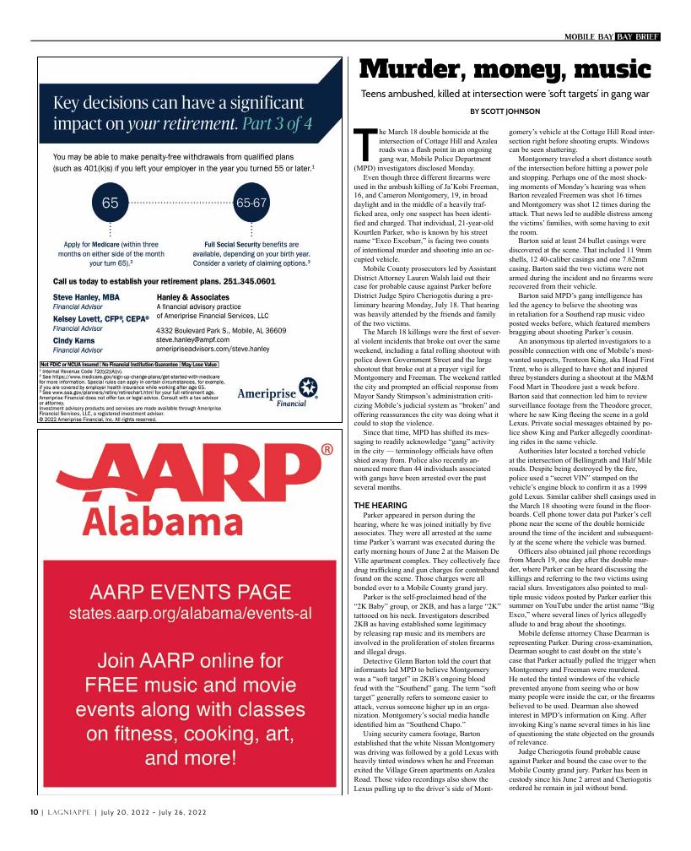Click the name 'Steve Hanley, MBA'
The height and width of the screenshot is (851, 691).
coord(86,298)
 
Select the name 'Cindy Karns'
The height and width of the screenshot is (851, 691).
coord(76,339)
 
